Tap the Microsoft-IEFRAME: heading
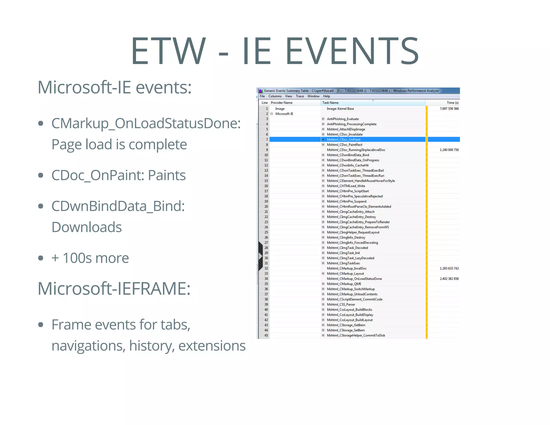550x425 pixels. point(114,289)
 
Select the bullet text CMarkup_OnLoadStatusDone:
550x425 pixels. point(146,123)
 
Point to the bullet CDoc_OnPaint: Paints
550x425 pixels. point(118,175)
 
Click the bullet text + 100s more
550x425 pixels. point(90,258)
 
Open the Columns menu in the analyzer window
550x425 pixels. point(275,96)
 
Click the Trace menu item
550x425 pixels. point(300,96)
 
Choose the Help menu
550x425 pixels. point(326,96)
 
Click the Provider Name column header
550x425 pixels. point(281,103)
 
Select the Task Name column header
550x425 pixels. point(330,103)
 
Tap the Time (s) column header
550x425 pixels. point(453,103)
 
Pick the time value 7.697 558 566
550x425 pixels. point(449,109)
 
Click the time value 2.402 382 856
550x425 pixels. point(449,279)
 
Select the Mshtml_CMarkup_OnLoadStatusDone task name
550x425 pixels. point(354,279)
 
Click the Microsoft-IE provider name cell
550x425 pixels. point(284,114)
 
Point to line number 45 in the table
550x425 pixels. point(266,336)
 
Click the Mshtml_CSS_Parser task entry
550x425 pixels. point(341,305)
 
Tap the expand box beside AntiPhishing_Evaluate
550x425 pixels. point(323,119)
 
